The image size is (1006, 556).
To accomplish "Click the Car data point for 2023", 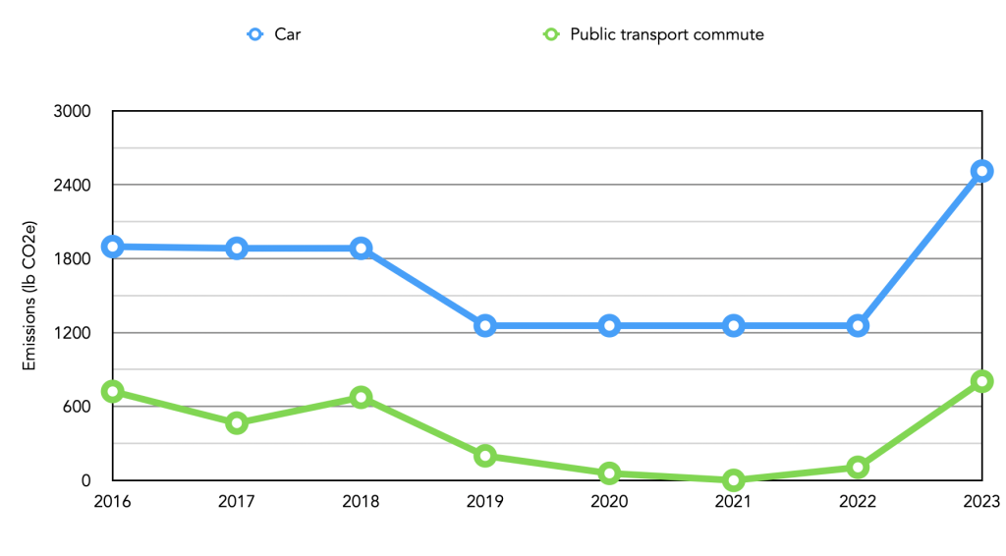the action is (x=981, y=171).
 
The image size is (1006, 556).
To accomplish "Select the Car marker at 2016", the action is (x=113, y=247).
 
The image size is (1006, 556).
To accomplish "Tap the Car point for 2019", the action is (x=485, y=326).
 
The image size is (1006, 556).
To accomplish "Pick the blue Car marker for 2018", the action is (x=362, y=249).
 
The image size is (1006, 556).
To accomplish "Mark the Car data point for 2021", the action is (x=733, y=326).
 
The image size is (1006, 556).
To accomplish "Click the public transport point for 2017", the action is (x=237, y=423).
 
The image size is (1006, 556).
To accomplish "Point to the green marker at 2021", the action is (x=733, y=479).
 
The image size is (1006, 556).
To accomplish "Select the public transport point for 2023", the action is (x=981, y=381).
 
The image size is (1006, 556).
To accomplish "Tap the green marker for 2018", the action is (x=362, y=398).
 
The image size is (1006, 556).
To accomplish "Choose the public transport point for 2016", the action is (x=113, y=392).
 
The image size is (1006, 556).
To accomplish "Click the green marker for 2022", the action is (x=858, y=467).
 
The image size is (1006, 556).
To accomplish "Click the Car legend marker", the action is (x=255, y=34).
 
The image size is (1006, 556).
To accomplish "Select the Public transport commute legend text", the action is (x=667, y=34).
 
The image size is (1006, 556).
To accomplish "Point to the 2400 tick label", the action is (x=72, y=186).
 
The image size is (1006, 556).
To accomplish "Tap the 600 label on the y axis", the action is (x=77, y=407).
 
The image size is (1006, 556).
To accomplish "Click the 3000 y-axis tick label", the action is (x=72, y=112).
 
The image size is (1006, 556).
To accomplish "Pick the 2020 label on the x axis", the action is (x=609, y=502).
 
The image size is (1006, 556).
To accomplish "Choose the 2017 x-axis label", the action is (x=237, y=502).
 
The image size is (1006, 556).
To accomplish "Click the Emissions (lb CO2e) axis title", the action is (x=29, y=296).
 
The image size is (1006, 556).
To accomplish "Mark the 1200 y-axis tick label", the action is (x=72, y=333).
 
